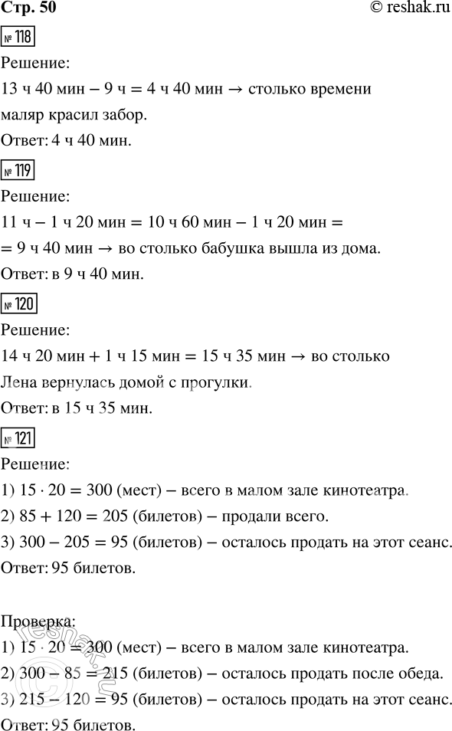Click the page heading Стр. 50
(28, 9)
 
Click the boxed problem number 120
(19, 304)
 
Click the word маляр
(23, 116)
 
